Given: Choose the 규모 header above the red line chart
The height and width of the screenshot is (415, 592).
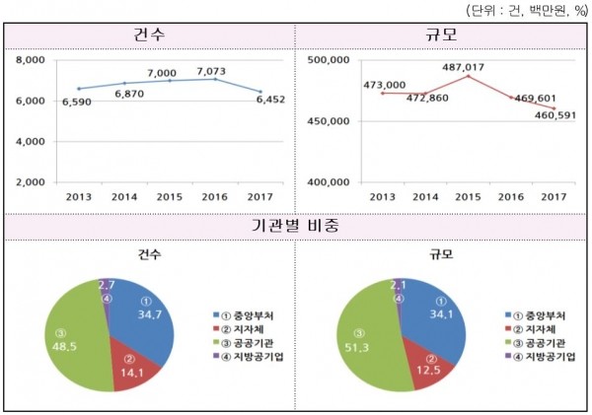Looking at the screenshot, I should (442, 35).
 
